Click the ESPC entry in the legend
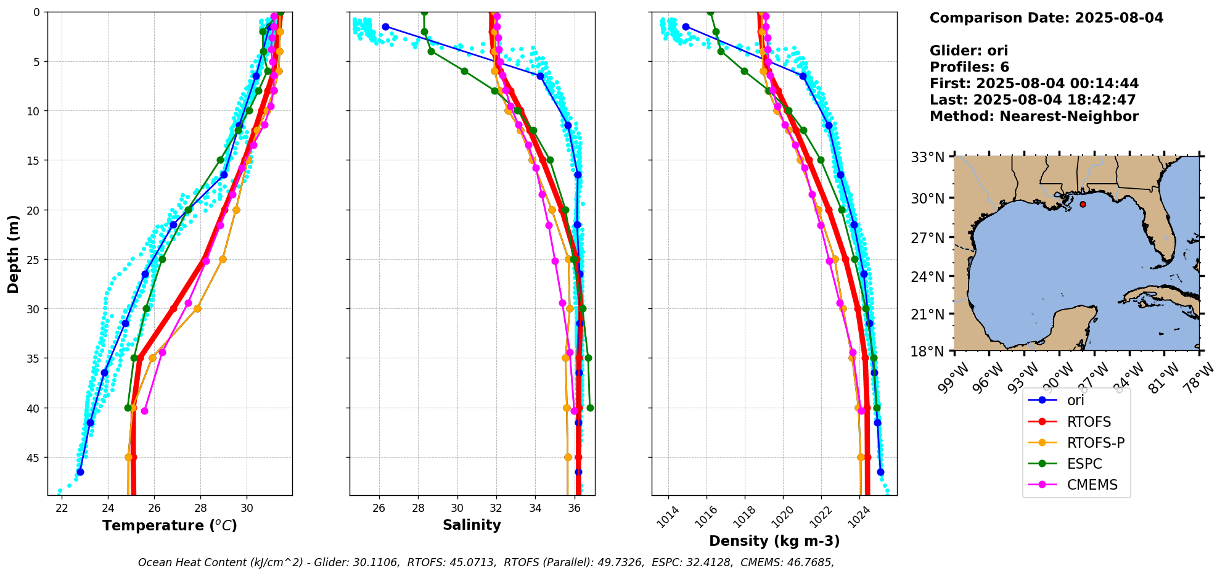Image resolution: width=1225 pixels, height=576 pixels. tap(1084, 464)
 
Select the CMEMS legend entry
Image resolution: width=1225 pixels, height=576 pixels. tap(1092, 485)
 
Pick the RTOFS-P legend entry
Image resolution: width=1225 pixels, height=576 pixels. tap(1096, 443)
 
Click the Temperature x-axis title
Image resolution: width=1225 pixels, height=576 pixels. tap(170, 525)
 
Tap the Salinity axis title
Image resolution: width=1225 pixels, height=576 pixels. tap(472, 525)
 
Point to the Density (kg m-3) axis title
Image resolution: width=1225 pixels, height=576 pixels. tap(774, 541)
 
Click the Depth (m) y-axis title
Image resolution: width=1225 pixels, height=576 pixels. tap(13, 253)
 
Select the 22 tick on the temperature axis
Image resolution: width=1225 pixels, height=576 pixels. tap(62, 508)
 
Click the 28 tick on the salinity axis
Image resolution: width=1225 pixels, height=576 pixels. tap(418, 508)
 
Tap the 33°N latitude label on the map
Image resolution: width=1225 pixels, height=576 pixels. tap(928, 157)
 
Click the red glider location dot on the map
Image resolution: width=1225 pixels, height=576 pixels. tap(1083, 204)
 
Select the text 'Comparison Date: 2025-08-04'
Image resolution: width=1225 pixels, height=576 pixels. tap(1046, 18)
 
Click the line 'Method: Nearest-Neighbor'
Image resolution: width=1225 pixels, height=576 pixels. tap(1034, 117)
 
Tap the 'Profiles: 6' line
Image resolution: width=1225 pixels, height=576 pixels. tap(969, 67)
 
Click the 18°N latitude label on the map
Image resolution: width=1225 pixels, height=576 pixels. tap(928, 352)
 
